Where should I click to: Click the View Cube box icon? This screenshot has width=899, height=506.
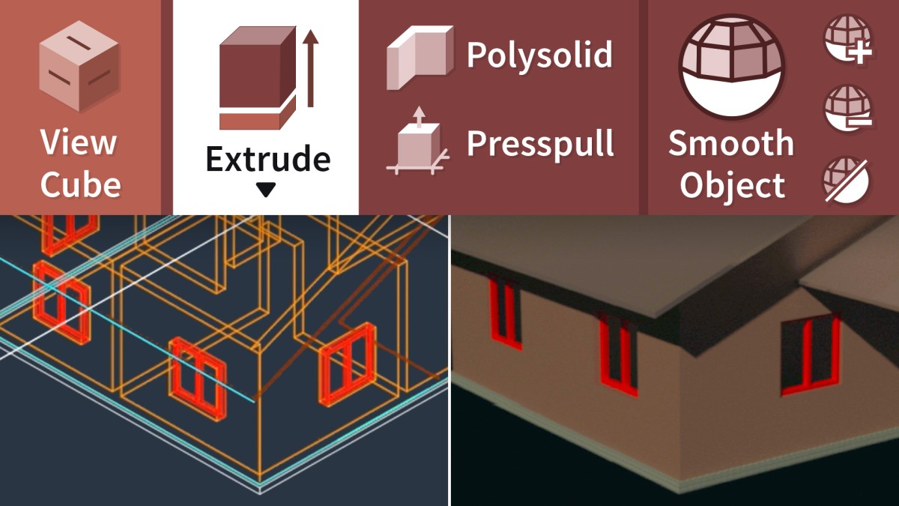click(79, 66)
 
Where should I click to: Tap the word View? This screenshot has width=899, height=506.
click(79, 142)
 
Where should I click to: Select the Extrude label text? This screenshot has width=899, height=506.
click(268, 159)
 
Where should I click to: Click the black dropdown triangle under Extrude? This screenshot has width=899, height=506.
click(266, 190)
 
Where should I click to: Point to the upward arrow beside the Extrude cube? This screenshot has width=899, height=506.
click(310, 68)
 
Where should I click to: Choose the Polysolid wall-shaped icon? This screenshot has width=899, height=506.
click(420, 58)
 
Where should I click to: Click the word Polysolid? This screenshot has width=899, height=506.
click(539, 55)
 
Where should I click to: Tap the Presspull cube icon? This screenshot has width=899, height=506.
click(418, 142)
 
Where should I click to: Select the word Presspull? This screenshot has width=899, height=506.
click(540, 145)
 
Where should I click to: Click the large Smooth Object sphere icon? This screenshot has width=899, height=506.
click(732, 66)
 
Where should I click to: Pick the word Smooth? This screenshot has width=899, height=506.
click(731, 143)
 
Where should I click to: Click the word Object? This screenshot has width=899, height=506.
click(733, 186)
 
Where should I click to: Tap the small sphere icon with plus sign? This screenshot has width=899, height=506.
click(848, 39)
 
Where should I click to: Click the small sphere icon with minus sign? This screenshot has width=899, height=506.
click(848, 108)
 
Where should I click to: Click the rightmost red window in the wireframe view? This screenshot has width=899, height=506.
click(348, 364)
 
